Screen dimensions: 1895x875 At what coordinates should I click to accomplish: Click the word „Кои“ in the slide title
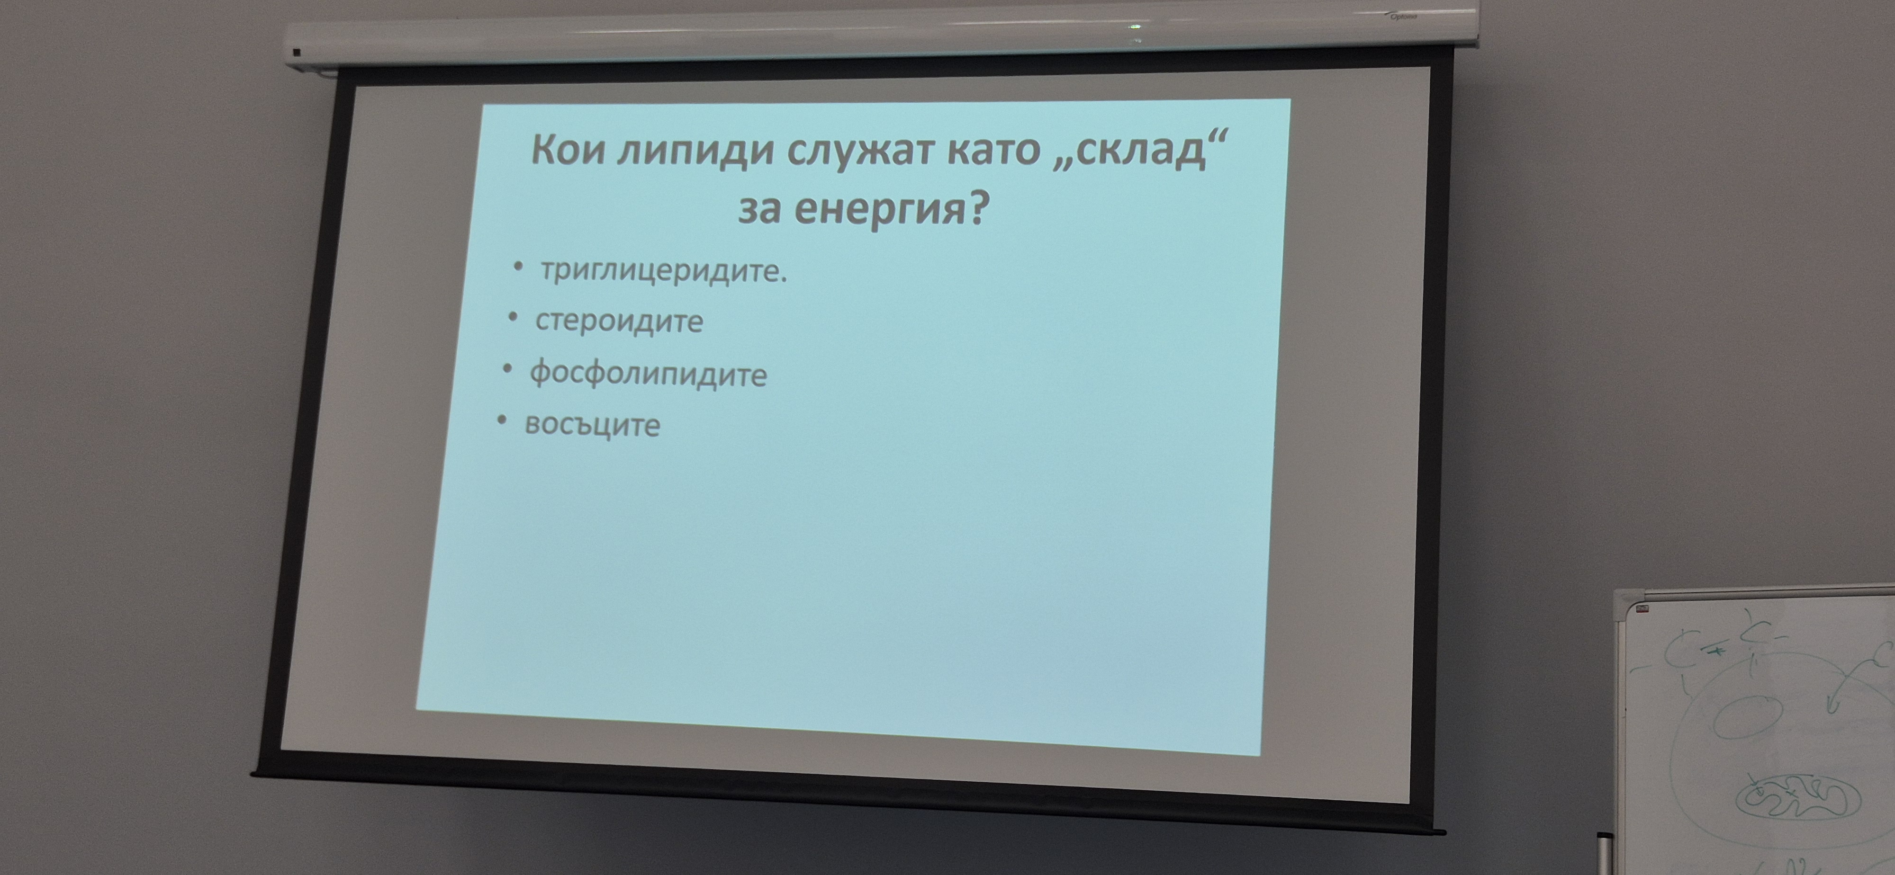568,150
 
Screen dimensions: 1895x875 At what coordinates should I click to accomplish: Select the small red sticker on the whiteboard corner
1641,608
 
